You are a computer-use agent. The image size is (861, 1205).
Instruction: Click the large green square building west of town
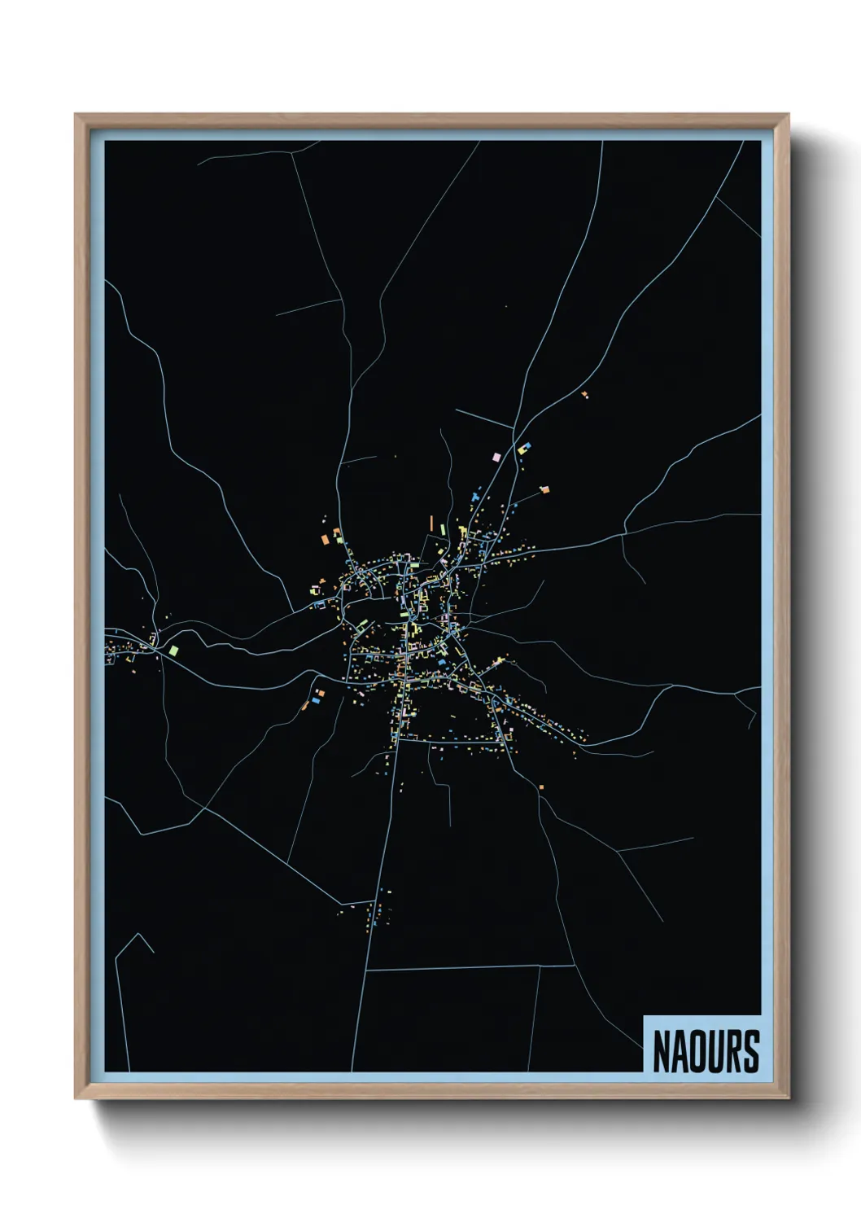pos(173,650)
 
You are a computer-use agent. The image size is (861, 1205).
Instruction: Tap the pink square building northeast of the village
pos(496,458)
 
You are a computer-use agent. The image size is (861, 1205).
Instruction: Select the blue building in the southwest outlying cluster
pos(315,699)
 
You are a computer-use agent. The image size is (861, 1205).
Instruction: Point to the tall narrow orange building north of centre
pos(432,523)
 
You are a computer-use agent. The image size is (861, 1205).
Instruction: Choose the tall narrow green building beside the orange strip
pos(443,529)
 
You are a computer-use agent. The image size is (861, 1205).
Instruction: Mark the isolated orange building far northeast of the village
pos(584,394)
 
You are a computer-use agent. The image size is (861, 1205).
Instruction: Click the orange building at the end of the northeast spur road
pos(544,489)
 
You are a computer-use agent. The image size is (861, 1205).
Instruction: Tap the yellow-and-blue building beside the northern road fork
pos(523,448)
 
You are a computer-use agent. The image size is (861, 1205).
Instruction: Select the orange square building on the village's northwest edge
pos(324,538)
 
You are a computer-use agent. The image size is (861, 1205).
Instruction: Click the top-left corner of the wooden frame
pos(76,115)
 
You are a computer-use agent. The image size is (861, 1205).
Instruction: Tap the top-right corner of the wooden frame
pos(789,115)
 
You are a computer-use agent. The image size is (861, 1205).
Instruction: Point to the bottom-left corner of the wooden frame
pos(76,1098)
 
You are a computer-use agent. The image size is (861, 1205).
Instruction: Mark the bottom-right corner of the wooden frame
pos(789,1098)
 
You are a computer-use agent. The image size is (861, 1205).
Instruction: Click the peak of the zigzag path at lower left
pos(140,934)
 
